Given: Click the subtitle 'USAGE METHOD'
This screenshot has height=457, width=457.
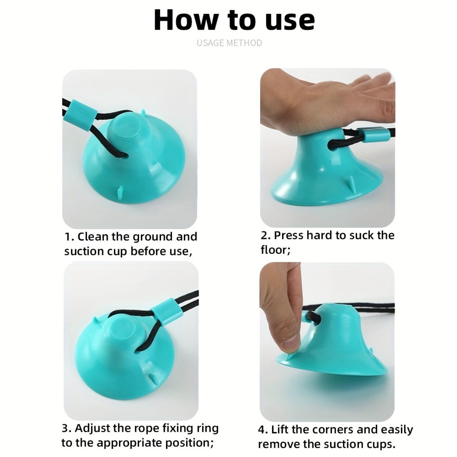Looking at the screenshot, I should pos(229,43).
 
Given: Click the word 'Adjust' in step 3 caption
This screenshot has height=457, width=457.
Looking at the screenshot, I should pos(92,428).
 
